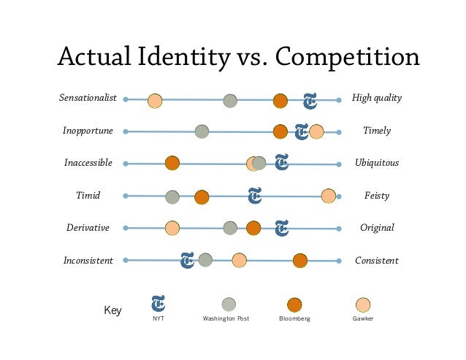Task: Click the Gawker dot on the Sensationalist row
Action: [x=155, y=101]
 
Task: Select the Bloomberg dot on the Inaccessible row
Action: [x=172, y=164]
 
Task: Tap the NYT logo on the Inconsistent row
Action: [x=188, y=259]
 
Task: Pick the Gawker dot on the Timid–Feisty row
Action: [x=329, y=196]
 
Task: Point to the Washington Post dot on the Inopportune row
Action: [x=202, y=131]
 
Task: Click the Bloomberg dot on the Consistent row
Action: [x=300, y=260]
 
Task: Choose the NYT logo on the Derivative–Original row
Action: [x=282, y=229]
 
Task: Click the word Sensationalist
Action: [x=88, y=98]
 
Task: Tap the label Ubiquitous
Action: [x=377, y=163]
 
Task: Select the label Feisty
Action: [x=377, y=196]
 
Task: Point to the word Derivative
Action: [x=88, y=228]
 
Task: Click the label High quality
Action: [x=377, y=98]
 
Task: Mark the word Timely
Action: [x=377, y=131]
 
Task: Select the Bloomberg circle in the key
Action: [x=295, y=305]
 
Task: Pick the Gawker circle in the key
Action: [x=363, y=305]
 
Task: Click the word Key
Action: [x=112, y=310]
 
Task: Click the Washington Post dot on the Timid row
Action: [x=172, y=196]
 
